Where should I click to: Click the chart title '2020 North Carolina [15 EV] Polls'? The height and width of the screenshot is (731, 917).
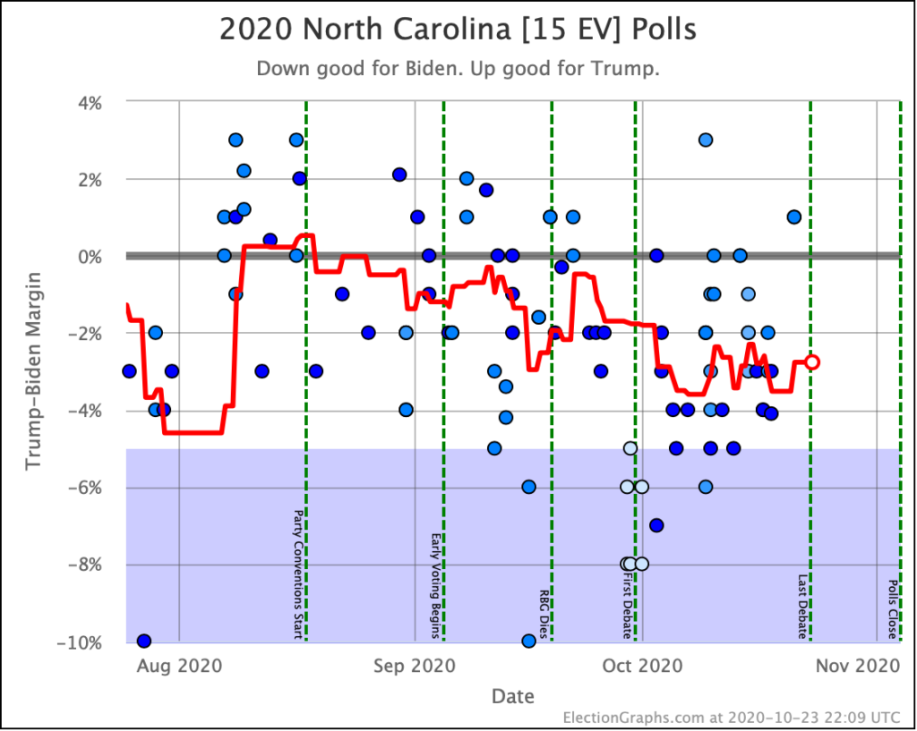(x=458, y=30)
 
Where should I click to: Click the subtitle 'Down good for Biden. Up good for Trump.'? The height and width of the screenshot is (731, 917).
(x=458, y=68)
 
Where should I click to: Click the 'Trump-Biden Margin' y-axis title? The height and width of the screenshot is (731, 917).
(x=33, y=371)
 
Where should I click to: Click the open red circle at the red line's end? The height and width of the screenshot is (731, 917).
(x=811, y=361)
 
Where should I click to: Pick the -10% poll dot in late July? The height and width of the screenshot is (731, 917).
(x=143, y=641)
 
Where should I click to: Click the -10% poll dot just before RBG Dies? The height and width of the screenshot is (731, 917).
(x=528, y=641)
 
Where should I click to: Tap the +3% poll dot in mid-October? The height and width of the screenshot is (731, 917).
(x=706, y=140)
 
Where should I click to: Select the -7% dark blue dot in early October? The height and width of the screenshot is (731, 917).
(x=656, y=525)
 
